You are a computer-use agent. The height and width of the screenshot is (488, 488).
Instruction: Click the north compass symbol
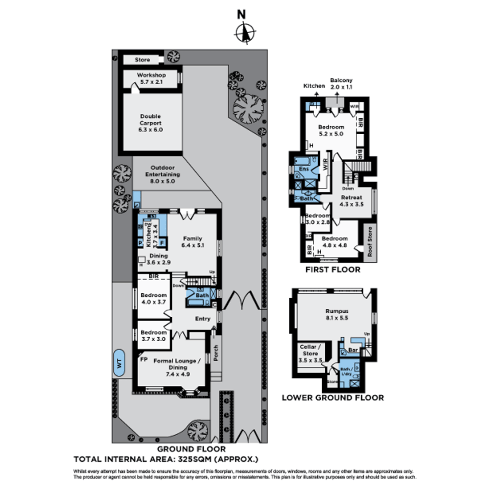(x=244, y=33)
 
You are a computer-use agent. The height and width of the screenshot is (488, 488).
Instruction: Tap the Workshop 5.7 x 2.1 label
(x=151, y=78)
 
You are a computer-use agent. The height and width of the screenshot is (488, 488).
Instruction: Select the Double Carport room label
(x=151, y=122)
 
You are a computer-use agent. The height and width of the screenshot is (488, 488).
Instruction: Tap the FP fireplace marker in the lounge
(x=144, y=359)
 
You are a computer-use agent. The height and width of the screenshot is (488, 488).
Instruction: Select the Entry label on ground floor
(x=202, y=319)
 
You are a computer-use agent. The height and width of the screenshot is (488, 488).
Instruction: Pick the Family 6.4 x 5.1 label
(x=192, y=242)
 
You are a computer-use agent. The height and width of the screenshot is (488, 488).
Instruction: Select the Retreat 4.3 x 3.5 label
(x=352, y=201)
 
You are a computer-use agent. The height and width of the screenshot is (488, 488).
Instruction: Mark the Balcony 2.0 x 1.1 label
(x=341, y=83)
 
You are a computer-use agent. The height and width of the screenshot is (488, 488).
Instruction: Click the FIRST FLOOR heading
(x=333, y=270)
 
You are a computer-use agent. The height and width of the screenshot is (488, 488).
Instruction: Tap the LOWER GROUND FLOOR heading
(x=333, y=398)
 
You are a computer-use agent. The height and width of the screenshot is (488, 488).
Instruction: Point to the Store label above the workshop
(x=142, y=60)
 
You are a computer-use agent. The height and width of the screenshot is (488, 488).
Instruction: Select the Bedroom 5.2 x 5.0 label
(x=332, y=130)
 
